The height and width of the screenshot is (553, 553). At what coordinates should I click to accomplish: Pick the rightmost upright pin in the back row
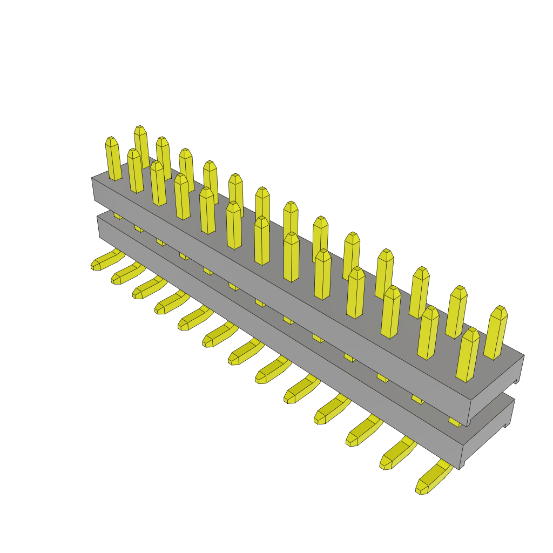click(496, 333)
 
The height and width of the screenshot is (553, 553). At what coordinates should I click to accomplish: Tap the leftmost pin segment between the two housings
click(117, 215)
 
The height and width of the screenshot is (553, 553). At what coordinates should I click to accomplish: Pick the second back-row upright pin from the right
click(456, 312)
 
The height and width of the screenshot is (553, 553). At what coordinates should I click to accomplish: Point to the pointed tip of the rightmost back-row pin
click(500, 309)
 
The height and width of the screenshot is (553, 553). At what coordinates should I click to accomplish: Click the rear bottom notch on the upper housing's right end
click(516, 381)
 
